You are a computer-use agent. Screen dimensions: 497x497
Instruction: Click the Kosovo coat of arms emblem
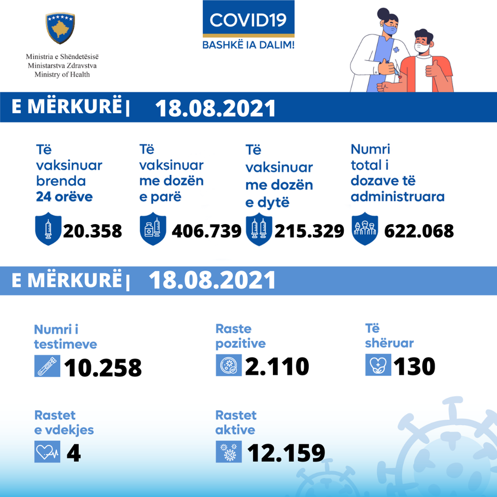pyautogui.click(x=60, y=28)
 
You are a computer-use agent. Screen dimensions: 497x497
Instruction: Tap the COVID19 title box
pyautogui.click(x=248, y=20)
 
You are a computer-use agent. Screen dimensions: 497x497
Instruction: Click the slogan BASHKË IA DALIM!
pyautogui.click(x=248, y=45)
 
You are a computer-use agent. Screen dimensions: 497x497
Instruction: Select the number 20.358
pyautogui.click(x=92, y=231)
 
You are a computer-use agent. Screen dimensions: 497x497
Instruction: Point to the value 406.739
pyautogui.click(x=206, y=231)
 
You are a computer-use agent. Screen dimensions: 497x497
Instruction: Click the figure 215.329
pyautogui.click(x=309, y=231)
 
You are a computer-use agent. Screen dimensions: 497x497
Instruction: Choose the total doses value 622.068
pyautogui.click(x=419, y=231)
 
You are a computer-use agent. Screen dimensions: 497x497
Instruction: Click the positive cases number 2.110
pyautogui.click(x=277, y=366)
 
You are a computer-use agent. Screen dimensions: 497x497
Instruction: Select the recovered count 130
pyautogui.click(x=414, y=366)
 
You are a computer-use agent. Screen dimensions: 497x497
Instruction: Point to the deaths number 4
pyautogui.click(x=74, y=453)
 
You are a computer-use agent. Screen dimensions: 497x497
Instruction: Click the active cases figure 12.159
pyautogui.click(x=286, y=453)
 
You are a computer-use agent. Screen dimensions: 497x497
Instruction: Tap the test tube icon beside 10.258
pyautogui.click(x=47, y=366)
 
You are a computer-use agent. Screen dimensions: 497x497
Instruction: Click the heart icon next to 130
pyautogui.click(x=378, y=365)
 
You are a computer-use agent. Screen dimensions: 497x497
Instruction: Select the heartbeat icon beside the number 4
pyautogui.click(x=47, y=452)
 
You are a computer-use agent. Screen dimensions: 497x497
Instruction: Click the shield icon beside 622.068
pyautogui.click(x=365, y=231)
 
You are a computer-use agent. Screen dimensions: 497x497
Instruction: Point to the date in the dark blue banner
pyautogui.click(x=215, y=109)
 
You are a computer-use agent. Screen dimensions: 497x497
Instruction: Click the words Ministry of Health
pyautogui.click(x=62, y=75)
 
